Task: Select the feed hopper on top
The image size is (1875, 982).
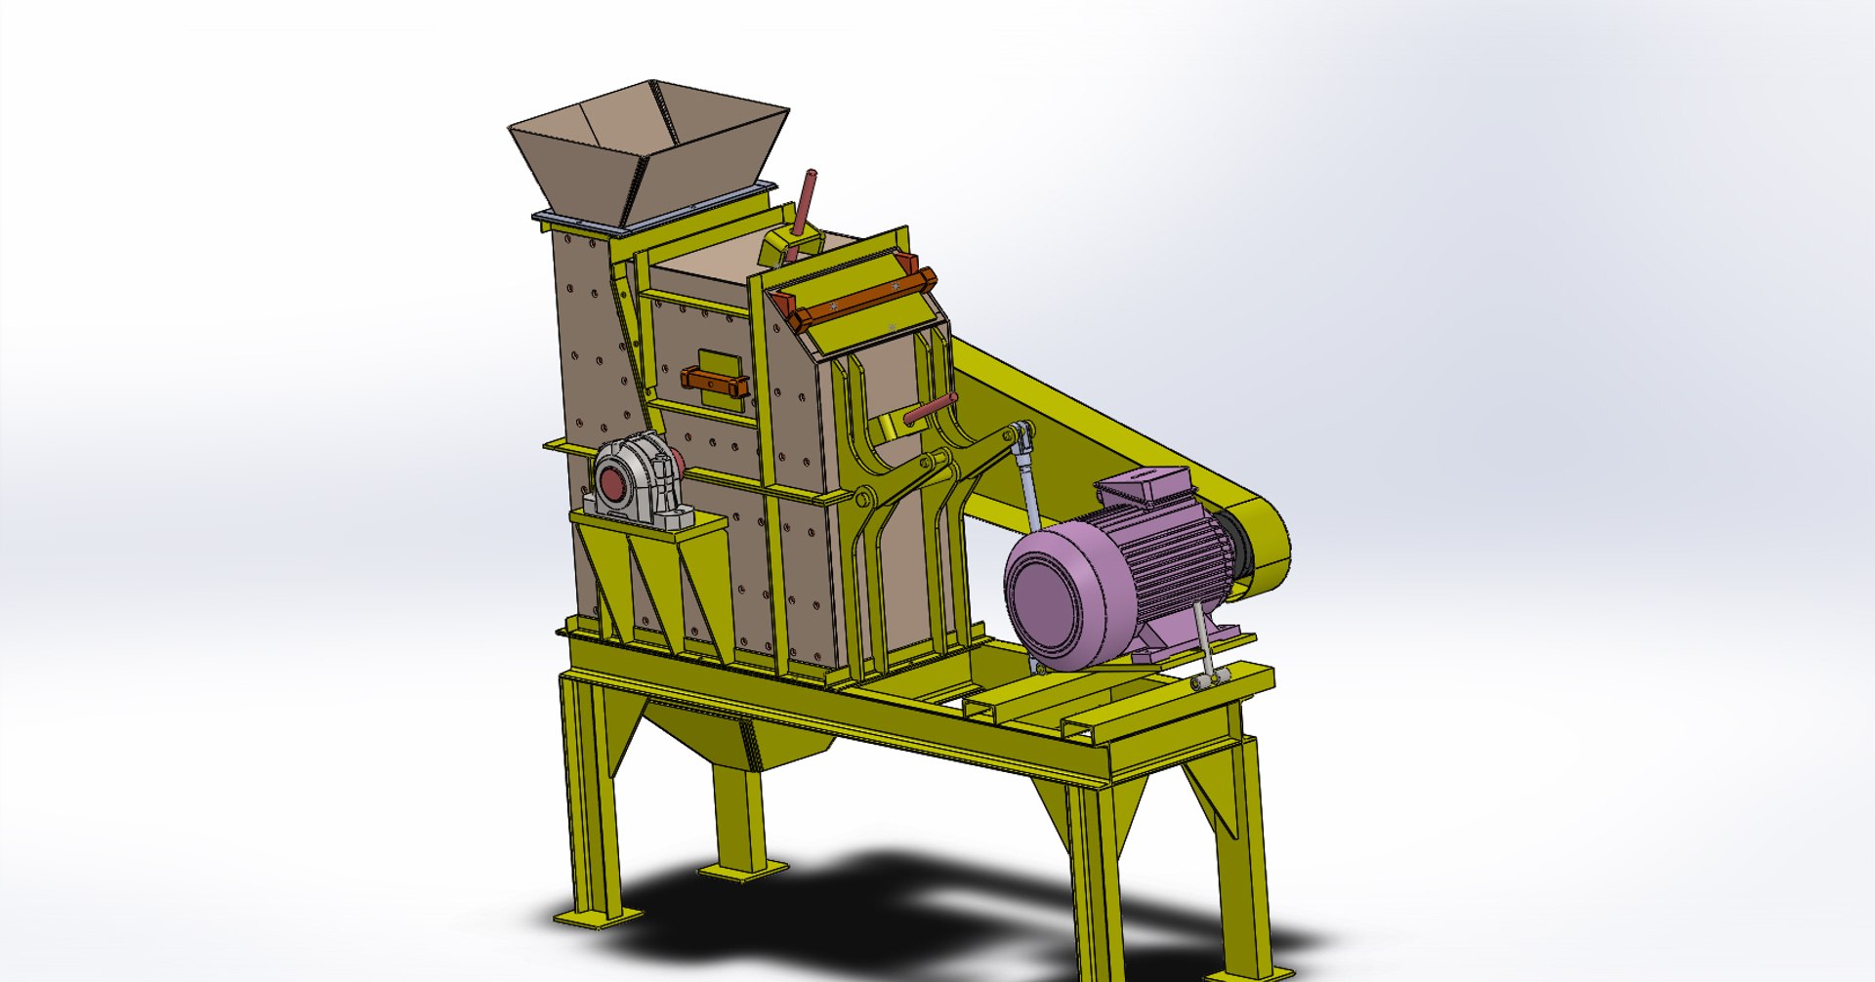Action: pyautogui.click(x=649, y=146)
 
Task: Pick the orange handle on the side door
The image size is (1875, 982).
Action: pyautogui.click(x=715, y=381)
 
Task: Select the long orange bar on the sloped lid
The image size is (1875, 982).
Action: pyautogui.click(x=859, y=298)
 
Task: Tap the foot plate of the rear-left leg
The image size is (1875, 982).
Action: pyautogui.click(x=742, y=869)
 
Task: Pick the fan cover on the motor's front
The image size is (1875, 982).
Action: pyautogui.click(x=1055, y=595)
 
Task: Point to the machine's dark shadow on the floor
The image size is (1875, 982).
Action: pyautogui.click(x=879, y=908)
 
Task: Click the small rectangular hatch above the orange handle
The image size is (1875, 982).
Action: pyautogui.click(x=713, y=360)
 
